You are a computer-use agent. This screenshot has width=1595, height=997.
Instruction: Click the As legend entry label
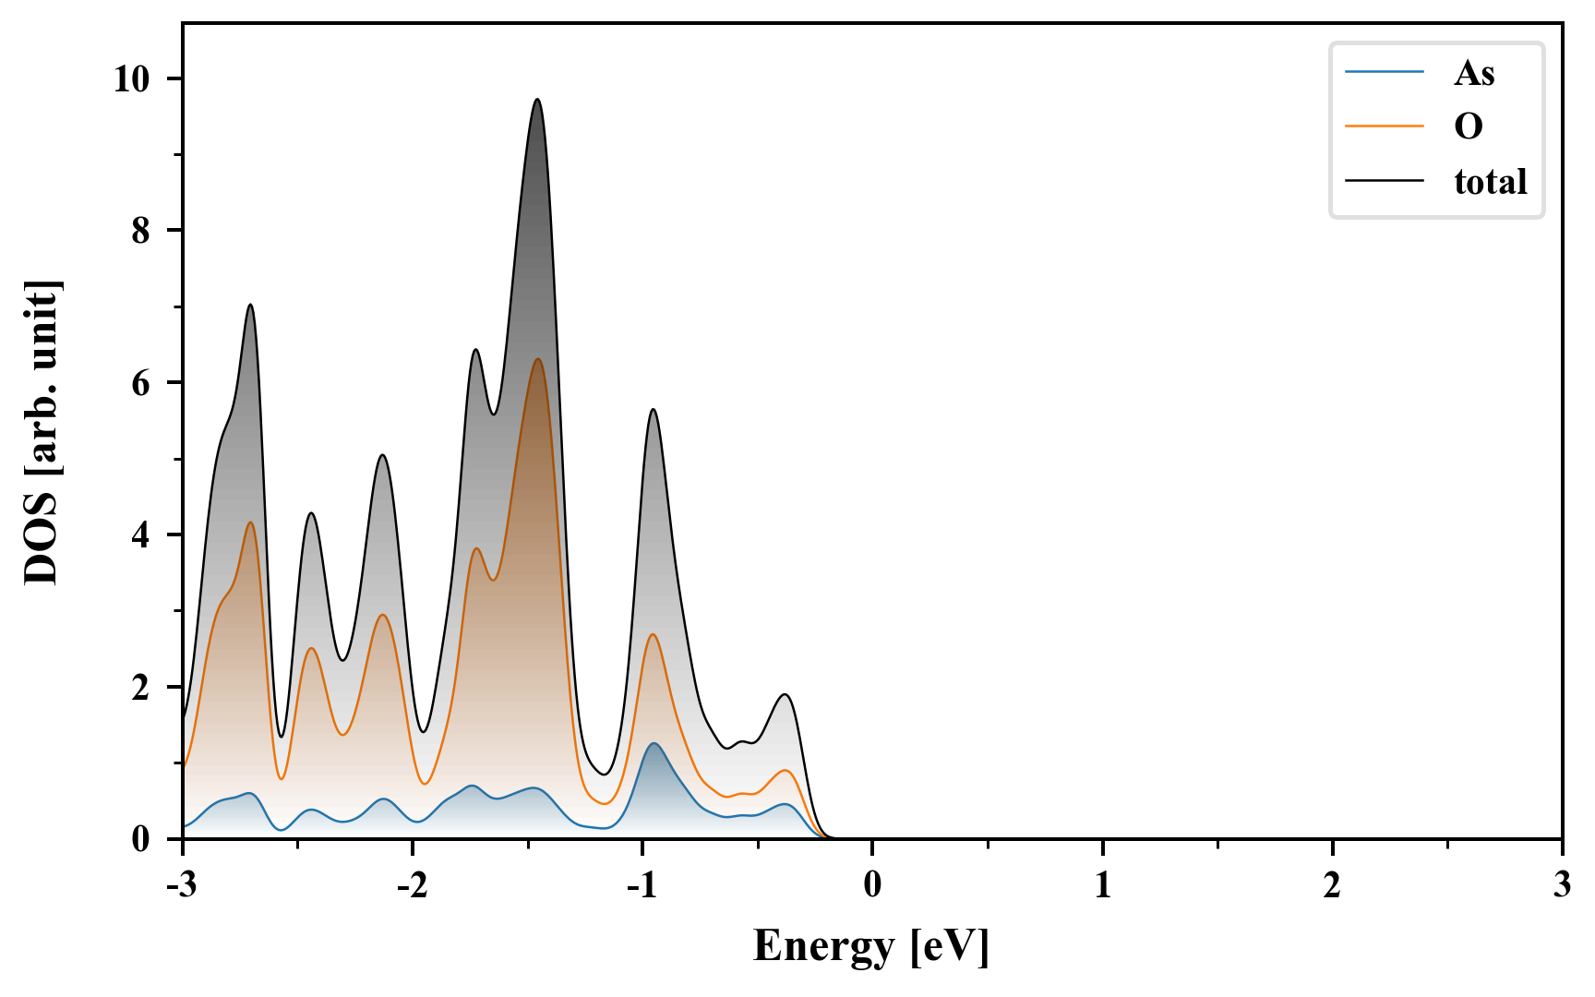pos(1473,73)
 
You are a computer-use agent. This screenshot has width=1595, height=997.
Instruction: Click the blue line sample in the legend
pos(1385,73)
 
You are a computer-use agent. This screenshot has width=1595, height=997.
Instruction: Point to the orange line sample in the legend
pos(1385,126)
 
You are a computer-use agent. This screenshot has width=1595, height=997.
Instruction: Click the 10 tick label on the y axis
pos(131,79)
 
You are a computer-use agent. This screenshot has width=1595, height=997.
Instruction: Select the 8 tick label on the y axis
pos(140,231)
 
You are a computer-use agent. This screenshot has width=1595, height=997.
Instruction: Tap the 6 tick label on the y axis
pos(140,383)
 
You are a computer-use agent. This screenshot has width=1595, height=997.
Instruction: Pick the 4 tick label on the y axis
pos(140,535)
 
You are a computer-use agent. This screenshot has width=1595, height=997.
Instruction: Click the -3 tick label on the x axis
pos(183,886)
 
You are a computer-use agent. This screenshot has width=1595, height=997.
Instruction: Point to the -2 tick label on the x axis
pos(413,886)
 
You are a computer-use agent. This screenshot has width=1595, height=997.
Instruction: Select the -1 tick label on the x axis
pos(642,886)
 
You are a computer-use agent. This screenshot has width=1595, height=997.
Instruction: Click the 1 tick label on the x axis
pos(1102,886)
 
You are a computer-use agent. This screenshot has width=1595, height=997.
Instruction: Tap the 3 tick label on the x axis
pos(1562,886)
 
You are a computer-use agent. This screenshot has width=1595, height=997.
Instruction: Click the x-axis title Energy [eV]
pos(871,946)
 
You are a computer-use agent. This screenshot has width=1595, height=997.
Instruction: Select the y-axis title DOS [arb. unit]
pos(42,432)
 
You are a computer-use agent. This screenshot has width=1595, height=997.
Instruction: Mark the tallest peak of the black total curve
pos(537,100)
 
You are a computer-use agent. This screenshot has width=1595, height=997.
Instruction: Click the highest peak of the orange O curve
pos(537,359)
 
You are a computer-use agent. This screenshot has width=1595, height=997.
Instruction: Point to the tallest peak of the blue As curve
pos(654,743)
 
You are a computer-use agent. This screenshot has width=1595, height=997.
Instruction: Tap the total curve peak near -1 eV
pos(653,409)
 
